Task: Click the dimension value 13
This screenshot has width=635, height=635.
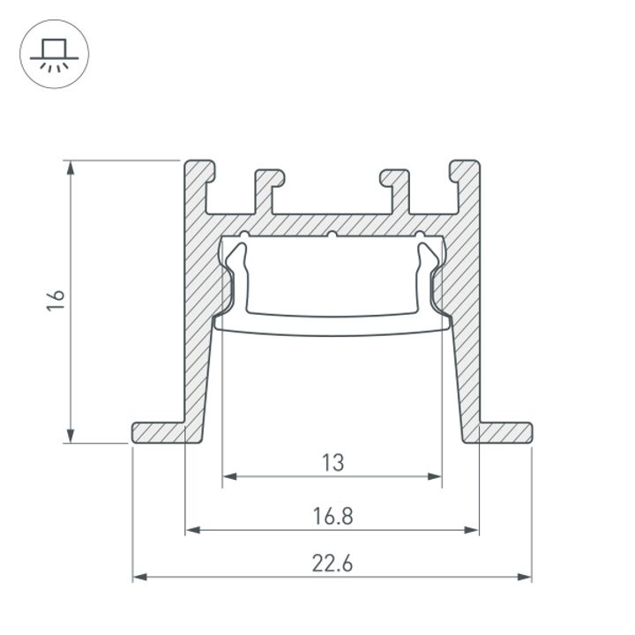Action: [332, 461]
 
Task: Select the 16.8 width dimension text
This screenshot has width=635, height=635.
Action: [332, 516]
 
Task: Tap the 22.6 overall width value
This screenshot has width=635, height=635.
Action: [332, 563]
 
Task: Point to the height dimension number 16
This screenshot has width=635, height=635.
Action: [56, 301]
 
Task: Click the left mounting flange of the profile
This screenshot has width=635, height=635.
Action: [159, 433]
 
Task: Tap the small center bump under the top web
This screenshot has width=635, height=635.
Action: [332, 235]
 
